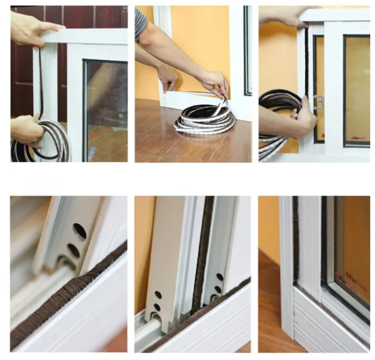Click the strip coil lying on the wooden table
pyautogui.click(x=203, y=121)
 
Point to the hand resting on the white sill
pyautogui.click(x=168, y=78)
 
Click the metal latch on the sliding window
pyautogui.click(x=318, y=103)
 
